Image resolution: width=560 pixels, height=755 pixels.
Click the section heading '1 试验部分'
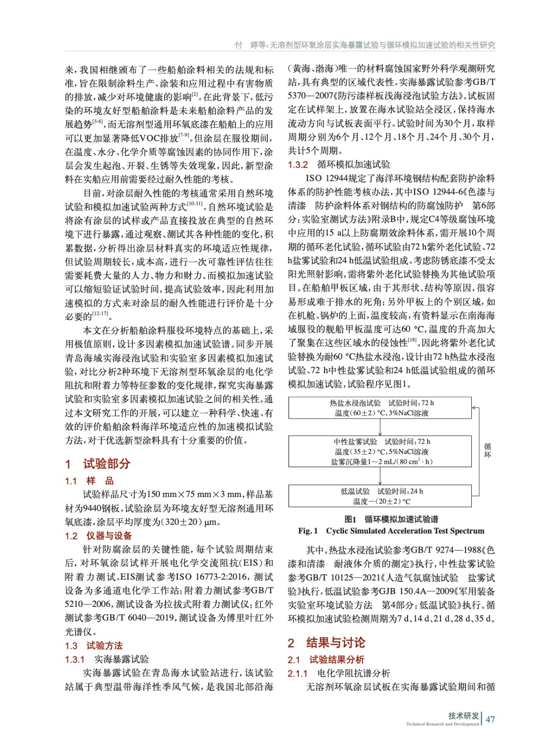tap(98, 463)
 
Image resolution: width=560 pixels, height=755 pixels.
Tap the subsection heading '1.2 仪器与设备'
tap(99, 536)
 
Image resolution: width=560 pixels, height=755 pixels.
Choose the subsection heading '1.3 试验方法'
tap(94, 646)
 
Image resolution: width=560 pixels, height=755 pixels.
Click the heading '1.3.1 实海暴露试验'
tap(107, 659)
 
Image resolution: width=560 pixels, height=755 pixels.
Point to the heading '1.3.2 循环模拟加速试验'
tap(339, 165)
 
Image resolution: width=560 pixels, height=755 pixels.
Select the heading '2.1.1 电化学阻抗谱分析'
tap(339, 673)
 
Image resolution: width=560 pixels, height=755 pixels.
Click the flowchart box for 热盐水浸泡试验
tap(380, 408)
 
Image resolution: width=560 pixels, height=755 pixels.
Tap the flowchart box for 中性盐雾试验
tap(380, 452)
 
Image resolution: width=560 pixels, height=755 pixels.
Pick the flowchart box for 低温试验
tap(380, 496)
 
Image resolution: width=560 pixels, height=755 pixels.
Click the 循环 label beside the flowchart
tap(487, 450)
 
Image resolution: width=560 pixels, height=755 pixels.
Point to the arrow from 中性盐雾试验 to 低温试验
tap(380, 476)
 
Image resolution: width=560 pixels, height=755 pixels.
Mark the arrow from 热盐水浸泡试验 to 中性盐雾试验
tap(380, 427)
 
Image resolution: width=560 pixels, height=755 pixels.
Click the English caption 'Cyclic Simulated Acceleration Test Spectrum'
tap(405, 531)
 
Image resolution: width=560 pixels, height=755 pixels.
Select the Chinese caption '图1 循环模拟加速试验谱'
tap(391, 519)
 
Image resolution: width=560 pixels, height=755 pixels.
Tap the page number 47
tap(490, 719)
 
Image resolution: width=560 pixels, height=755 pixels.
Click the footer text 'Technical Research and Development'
tap(442, 724)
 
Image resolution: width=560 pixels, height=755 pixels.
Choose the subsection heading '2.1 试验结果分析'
tap(326, 660)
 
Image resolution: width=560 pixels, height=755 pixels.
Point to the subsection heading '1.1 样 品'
tap(89, 481)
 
